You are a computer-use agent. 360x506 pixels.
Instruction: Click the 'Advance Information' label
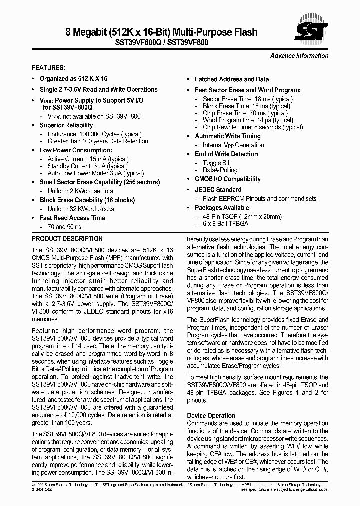[299, 56]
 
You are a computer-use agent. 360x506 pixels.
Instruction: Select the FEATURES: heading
[48, 67]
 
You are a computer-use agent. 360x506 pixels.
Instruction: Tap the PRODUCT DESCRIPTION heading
[67, 239]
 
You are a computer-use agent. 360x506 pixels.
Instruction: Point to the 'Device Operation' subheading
[211, 416]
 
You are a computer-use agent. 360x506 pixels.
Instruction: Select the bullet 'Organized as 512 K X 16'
[73, 79]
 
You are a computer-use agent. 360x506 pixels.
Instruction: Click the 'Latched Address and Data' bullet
[231, 79]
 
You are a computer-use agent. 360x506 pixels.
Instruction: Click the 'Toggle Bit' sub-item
[216, 163]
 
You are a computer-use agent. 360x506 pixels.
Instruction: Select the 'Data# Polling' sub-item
[220, 170]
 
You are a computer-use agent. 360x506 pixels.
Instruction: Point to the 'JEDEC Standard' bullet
[218, 190]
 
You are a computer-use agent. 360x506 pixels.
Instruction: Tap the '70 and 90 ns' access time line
[65, 227]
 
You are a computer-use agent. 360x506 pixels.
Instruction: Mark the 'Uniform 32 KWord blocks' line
[81, 209]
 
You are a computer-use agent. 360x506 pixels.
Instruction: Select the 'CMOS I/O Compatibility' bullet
[227, 179]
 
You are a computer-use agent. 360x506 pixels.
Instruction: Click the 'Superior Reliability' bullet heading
[66, 125]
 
